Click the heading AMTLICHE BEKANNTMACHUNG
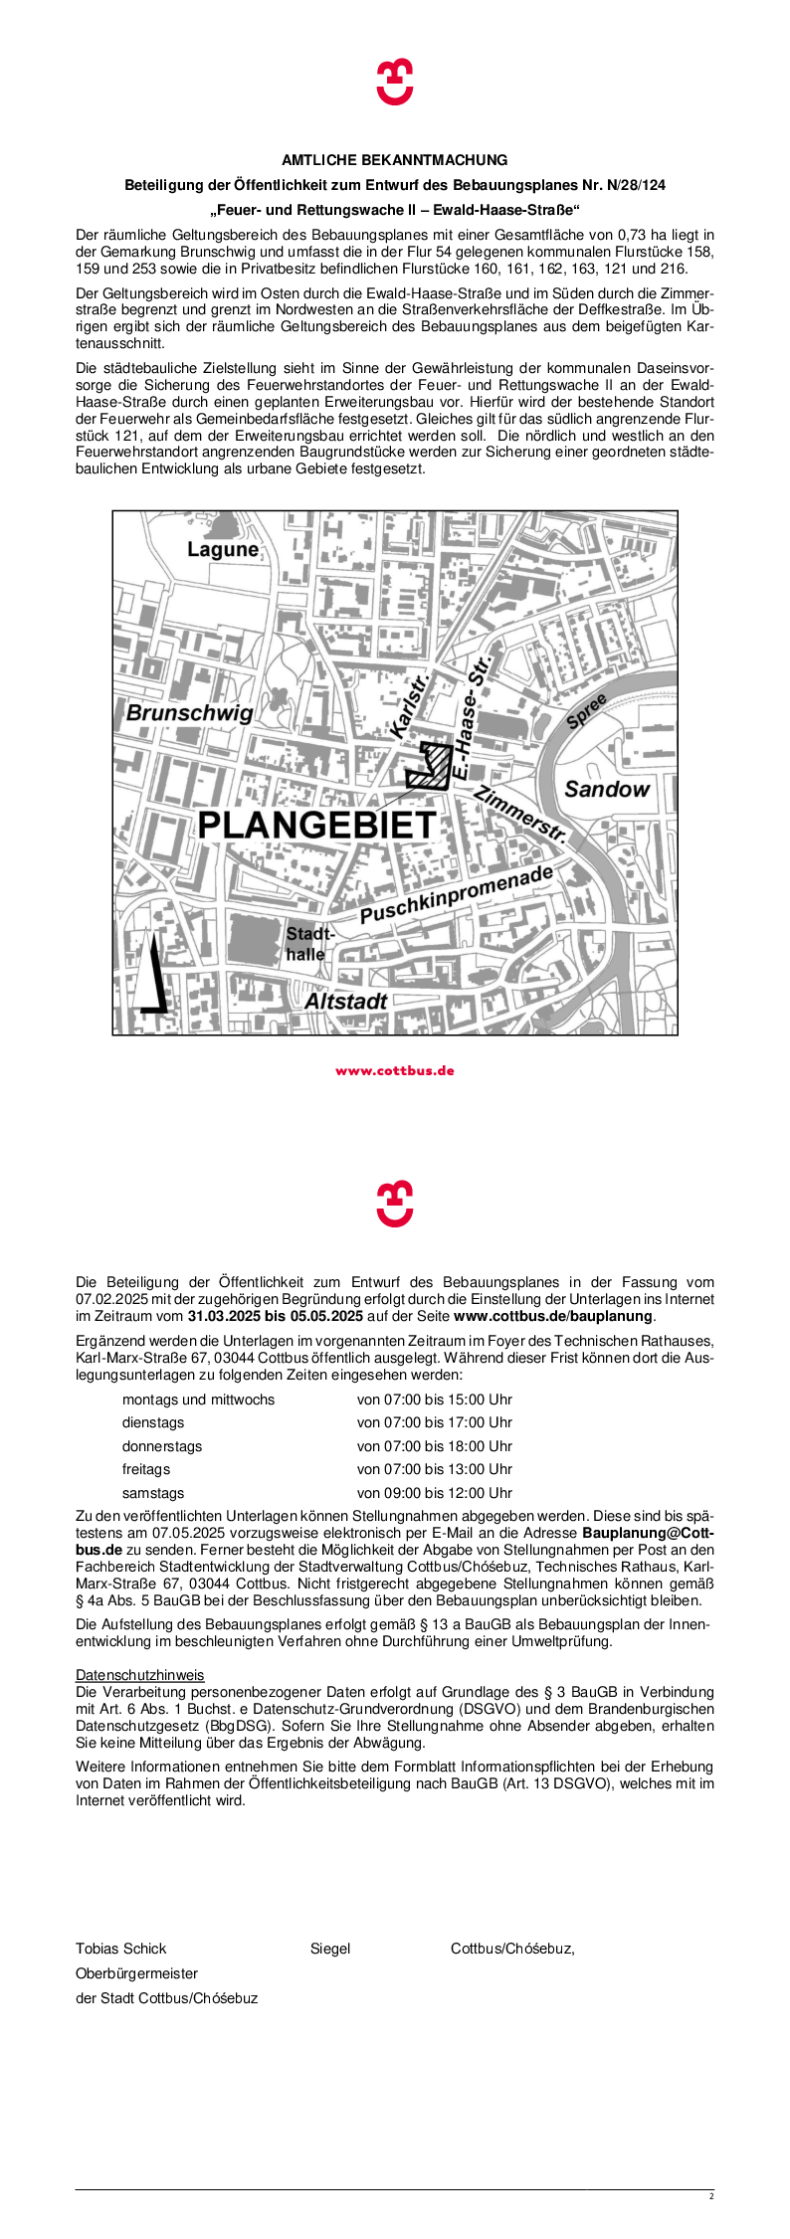[x=395, y=160]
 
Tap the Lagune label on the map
[x=223, y=549]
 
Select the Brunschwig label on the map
[x=189, y=713]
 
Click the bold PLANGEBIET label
[x=317, y=825]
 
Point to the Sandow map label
[x=606, y=789]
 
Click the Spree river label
[x=586, y=711]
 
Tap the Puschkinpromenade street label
[x=456, y=894]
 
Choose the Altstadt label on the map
[x=345, y=1002]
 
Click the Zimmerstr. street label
[x=520, y=815]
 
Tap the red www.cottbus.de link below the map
[x=395, y=1071]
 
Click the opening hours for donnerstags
[x=435, y=1446]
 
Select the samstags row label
[x=153, y=1493]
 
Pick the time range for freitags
[x=435, y=1469]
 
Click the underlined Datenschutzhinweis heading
[x=139, y=1675]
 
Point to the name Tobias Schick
[x=121, y=1949]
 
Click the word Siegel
[x=330, y=1949]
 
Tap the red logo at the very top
[x=395, y=82]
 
